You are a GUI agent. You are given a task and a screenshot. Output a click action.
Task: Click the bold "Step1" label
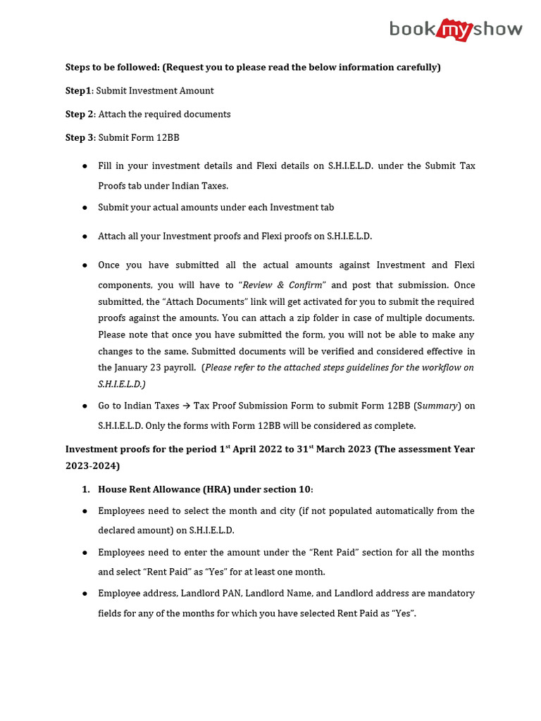point(79,91)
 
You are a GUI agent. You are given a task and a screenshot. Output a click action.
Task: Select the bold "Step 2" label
point(80,114)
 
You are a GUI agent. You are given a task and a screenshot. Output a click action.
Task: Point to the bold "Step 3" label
point(80,137)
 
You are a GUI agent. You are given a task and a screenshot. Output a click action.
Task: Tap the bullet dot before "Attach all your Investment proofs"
point(85,237)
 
